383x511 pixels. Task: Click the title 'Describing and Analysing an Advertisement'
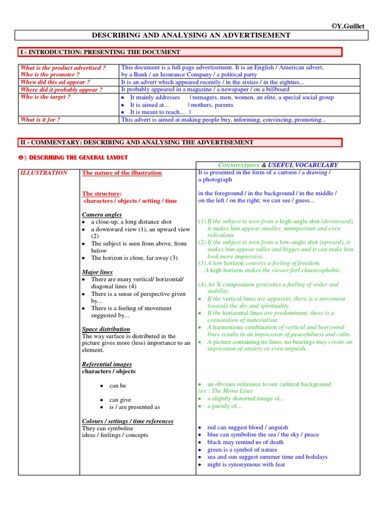(x=191, y=35)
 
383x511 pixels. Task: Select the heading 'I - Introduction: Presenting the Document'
(x=100, y=52)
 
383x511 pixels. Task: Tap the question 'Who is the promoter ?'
(x=50, y=75)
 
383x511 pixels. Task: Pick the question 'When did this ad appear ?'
(x=55, y=82)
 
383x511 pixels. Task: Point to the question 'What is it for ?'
(x=40, y=120)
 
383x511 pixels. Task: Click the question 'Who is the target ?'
(x=45, y=97)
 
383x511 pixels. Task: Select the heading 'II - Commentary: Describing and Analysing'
(x=137, y=142)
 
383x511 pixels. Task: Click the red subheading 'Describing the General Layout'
(x=76, y=158)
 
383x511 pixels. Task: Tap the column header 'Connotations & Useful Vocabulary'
(x=278, y=165)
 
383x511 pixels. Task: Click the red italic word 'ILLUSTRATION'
(x=44, y=173)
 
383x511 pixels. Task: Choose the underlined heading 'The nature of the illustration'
(x=122, y=173)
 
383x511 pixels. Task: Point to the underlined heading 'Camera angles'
(x=102, y=215)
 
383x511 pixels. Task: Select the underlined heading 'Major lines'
(x=97, y=272)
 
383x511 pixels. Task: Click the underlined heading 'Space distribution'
(x=106, y=329)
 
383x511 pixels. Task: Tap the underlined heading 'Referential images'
(x=107, y=364)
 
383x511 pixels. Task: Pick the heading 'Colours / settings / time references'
(x=128, y=421)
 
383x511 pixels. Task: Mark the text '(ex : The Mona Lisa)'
(x=225, y=391)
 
